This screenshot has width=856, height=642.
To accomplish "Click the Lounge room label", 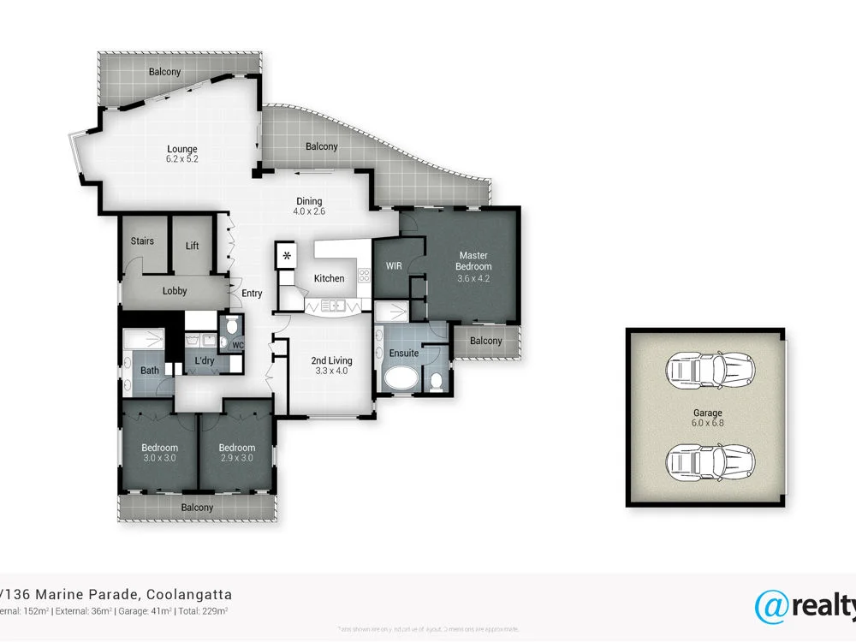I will (181, 153).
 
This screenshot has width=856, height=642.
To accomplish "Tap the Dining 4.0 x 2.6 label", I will (309, 205).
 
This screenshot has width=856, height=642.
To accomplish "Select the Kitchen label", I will (329, 278).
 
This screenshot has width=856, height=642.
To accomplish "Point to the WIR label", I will (394, 265).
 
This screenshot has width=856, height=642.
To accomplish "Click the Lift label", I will (192, 246).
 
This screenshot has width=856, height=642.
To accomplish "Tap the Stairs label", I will (142, 241).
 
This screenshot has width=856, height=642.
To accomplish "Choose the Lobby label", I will (175, 291).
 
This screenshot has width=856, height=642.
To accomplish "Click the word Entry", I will (252, 294).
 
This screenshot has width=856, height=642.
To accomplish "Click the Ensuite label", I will (404, 353).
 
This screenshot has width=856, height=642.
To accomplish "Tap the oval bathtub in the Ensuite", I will (401, 377).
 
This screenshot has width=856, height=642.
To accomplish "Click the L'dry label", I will (204, 361).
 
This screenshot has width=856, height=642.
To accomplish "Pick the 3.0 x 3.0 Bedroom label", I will (160, 453).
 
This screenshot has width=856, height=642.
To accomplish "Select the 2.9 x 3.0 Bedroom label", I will (236, 453).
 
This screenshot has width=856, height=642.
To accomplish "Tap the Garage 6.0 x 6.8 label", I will (706, 418).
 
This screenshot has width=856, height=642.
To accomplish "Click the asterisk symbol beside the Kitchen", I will (287, 256).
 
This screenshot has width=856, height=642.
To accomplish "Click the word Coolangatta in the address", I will (189, 595).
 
